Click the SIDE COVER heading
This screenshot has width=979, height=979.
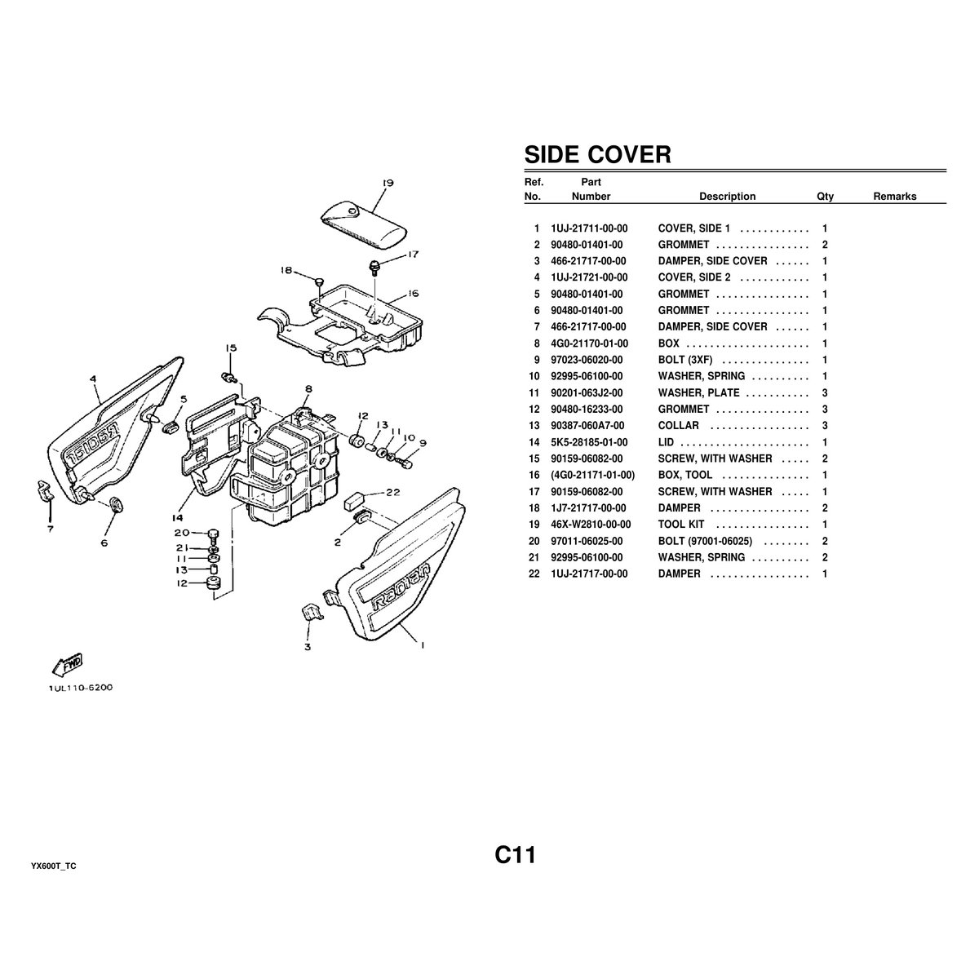pyautogui.click(x=597, y=154)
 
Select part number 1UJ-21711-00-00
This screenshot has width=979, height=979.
pyautogui.click(x=589, y=228)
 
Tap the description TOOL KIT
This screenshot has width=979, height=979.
pyautogui.click(x=680, y=525)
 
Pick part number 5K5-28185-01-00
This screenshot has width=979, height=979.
pyautogui.click(x=589, y=442)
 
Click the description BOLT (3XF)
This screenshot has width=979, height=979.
pyautogui.click(x=684, y=360)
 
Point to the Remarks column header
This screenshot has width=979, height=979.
pyautogui.click(x=895, y=196)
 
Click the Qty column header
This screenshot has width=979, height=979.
pyautogui.click(x=825, y=196)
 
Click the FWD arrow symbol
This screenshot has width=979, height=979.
pyautogui.click(x=68, y=665)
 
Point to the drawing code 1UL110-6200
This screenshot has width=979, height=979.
pyautogui.click(x=81, y=688)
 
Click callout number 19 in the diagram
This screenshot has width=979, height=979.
pyautogui.click(x=388, y=183)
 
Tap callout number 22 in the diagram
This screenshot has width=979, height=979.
pyautogui.click(x=392, y=492)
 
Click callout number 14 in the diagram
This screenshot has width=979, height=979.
pyautogui.click(x=177, y=518)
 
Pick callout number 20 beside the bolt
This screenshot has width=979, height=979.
pyautogui.click(x=182, y=533)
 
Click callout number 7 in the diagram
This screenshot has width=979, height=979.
pyautogui.click(x=51, y=529)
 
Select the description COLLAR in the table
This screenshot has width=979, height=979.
pyautogui.click(x=678, y=426)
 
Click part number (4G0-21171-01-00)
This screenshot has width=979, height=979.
pyautogui.click(x=593, y=475)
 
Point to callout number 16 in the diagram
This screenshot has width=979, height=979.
pyautogui.click(x=413, y=293)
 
